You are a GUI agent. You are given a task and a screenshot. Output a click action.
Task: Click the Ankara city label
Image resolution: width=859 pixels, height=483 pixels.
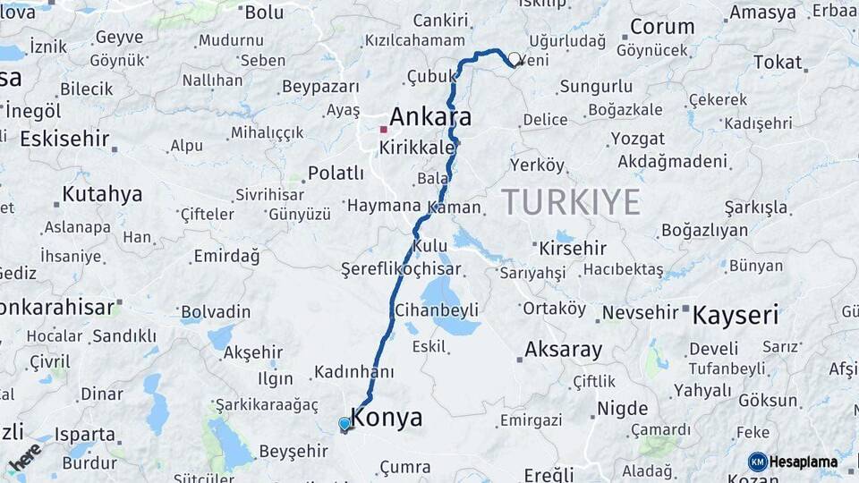pos(430,117)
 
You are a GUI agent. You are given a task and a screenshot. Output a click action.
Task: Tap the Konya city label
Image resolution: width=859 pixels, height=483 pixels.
pos(387,418)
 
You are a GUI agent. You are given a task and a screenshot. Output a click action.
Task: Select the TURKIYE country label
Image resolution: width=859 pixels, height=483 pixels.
pos(570,202)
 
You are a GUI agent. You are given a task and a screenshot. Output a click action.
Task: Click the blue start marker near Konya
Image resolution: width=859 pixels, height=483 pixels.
pos(344,424)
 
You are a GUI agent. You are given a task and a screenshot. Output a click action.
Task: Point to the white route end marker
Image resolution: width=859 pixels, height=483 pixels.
pos(514,61)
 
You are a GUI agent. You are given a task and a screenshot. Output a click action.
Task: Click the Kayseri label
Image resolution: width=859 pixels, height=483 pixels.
pos(736,315)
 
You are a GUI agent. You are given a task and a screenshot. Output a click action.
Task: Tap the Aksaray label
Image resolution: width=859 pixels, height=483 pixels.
pos(563,350)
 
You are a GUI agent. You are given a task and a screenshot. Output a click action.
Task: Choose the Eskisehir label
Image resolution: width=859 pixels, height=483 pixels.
pos(64,139)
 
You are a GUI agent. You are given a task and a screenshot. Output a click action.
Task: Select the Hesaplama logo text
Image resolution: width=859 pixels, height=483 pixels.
pos(803,462)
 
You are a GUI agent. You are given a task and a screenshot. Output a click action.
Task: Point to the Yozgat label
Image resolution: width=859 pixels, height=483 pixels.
pos(637,139)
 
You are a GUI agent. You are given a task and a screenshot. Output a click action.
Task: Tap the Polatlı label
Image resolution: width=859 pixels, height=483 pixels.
pos(336,174)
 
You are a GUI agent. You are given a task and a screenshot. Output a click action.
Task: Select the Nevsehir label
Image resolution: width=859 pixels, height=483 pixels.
pos(640,312)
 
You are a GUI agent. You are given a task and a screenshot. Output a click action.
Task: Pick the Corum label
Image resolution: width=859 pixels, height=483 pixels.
pos(662,27)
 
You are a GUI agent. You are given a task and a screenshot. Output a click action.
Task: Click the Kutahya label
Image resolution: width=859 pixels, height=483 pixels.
pos(102,194)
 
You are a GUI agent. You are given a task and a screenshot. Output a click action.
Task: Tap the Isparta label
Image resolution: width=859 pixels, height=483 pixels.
pos(85,435)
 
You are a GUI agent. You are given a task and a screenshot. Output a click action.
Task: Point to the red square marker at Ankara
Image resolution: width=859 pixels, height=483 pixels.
pos(383,129)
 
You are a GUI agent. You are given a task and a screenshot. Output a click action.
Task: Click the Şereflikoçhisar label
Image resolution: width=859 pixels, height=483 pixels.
pos(401,269)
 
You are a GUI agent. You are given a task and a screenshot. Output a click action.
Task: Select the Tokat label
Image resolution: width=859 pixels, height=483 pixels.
pos(778,62)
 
